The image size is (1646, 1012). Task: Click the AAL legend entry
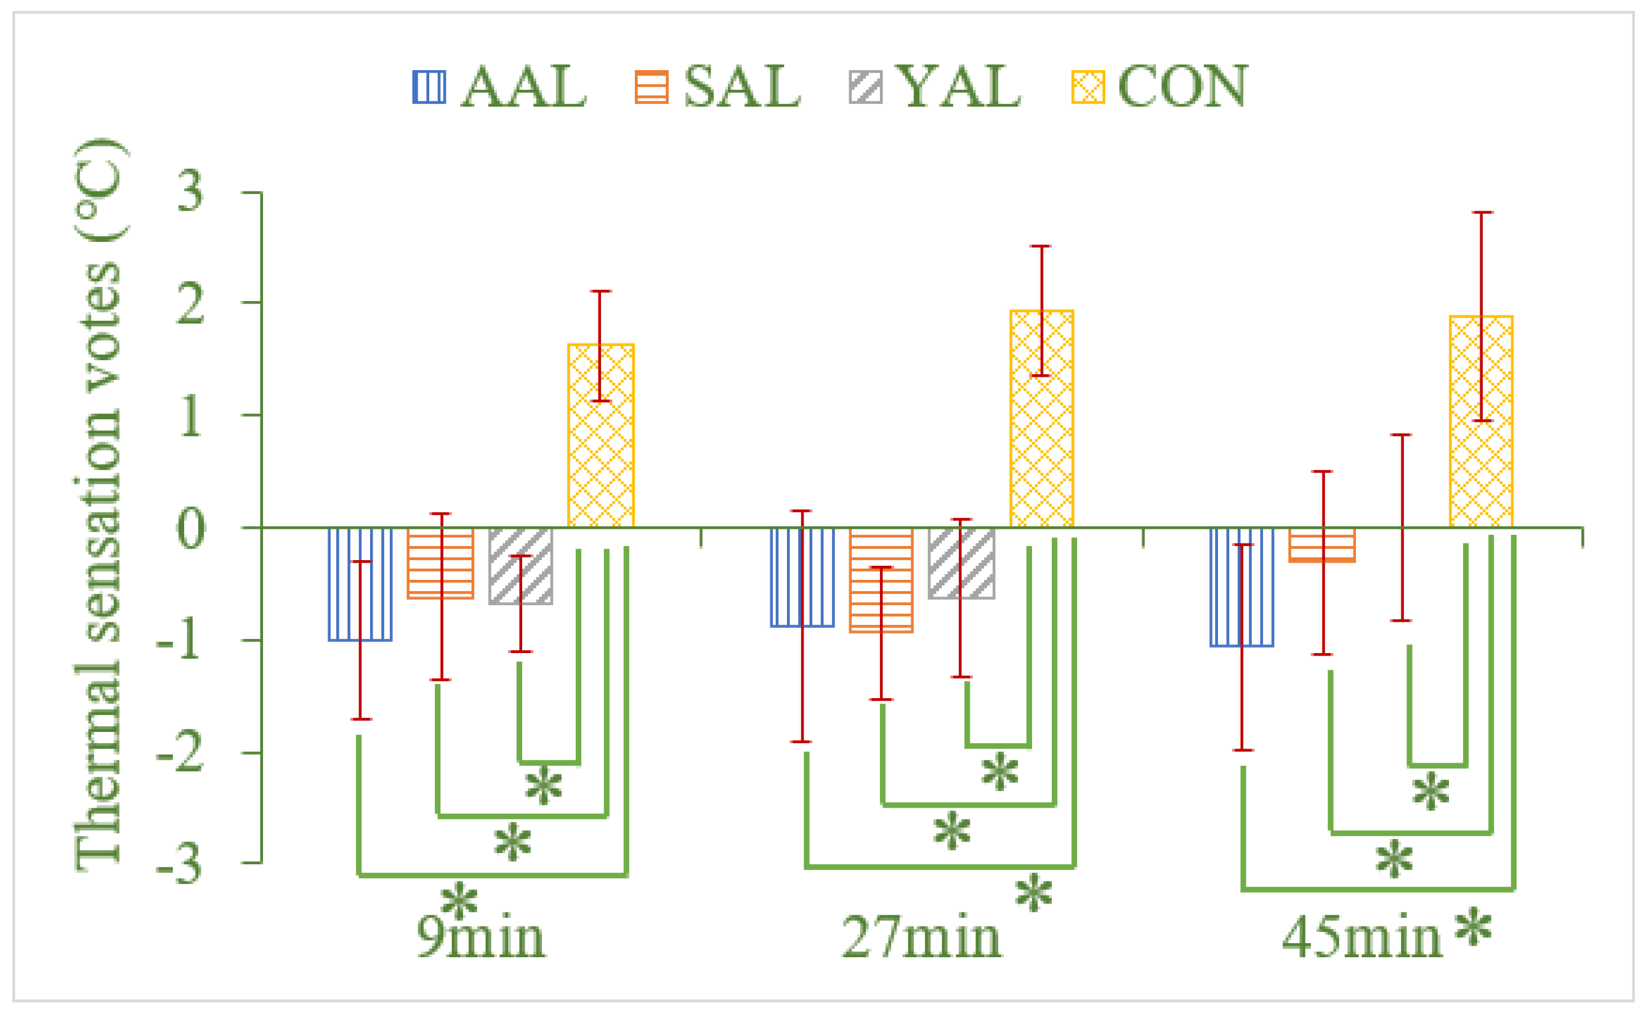[499, 87]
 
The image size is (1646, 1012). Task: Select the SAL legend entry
[717, 87]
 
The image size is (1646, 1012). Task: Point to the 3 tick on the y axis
[190, 192]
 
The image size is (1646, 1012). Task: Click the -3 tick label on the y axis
[179, 865]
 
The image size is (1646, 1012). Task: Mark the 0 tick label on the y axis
[190, 529]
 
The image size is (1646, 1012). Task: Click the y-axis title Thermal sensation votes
[98, 505]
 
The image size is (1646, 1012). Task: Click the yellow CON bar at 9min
[600, 436]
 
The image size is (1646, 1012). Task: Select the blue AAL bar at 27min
[802, 577]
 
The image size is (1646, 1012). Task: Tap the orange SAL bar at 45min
[1322, 544]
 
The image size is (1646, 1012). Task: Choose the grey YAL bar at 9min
[520, 566]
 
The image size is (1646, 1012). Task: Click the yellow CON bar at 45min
[1481, 422]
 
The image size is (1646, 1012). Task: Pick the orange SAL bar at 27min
[881, 580]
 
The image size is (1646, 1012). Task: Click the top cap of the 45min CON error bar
[1482, 212]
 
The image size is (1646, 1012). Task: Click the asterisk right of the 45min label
[1472, 929]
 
